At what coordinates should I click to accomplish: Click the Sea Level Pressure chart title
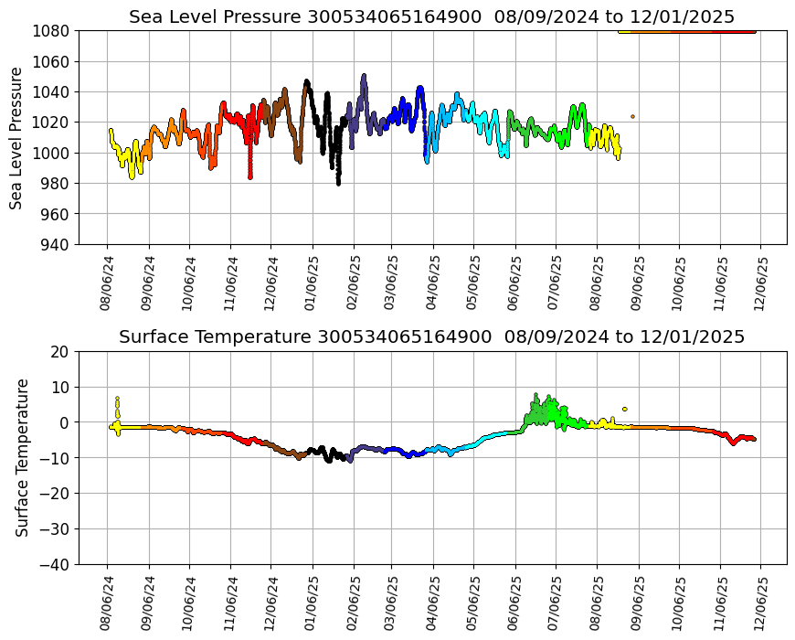pyautogui.click(x=431, y=16)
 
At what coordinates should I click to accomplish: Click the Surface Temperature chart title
pyautogui.click(x=431, y=336)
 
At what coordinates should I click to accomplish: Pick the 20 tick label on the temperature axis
pyautogui.click(x=61, y=351)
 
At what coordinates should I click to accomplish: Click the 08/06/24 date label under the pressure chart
pyautogui.click(x=107, y=276)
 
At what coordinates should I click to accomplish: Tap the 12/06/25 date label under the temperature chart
pyautogui.click(x=760, y=598)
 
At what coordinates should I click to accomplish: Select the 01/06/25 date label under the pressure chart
pyautogui.click(x=312, y=276)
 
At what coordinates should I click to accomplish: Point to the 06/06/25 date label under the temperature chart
pyautogui.click(x=515, y=598)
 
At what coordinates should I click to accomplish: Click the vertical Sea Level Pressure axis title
pyautogui.click(x=17, y=137)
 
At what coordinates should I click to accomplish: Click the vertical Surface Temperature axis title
pyautogui.click(x=22, y=457)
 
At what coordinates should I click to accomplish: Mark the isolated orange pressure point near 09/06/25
pyautogui.click(x=632, y=116)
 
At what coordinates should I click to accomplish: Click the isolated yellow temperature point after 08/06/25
pyautogui.click(x=625, y=409)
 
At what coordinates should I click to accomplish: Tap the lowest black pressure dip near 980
pyautogui.click(x=338, y=182)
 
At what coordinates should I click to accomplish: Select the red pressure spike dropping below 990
pyautogui.click(x=250, y=174)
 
